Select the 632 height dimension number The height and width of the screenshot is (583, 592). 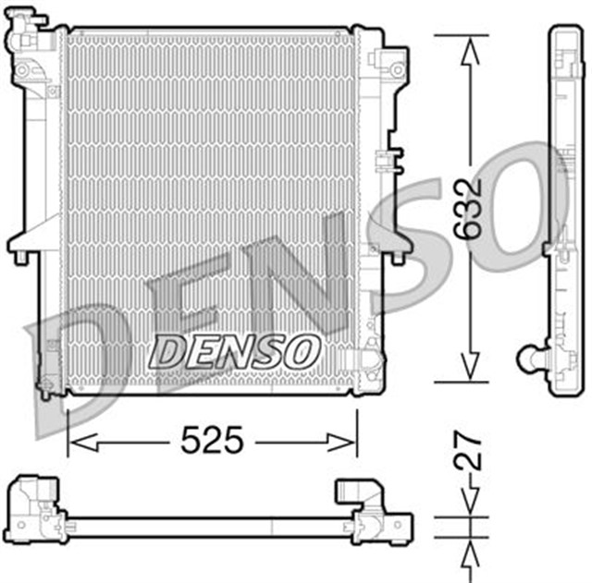470,209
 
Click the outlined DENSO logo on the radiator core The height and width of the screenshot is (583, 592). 236,350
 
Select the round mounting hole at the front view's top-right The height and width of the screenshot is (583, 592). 397,69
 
